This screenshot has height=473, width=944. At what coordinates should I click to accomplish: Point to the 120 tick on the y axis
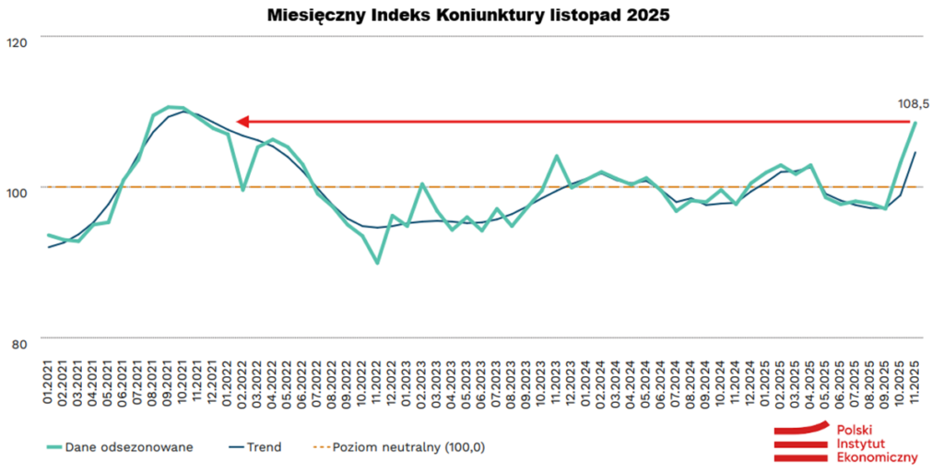18,41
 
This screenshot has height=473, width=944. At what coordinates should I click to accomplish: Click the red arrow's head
242,121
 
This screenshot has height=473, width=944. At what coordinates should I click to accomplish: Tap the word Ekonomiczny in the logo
876,457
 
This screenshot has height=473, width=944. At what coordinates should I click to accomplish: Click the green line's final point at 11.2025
914,123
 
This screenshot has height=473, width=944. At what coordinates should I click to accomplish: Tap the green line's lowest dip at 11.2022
378,263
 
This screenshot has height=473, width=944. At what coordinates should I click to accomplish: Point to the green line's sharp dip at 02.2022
242,190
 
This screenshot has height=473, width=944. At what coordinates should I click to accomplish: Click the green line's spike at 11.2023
557,156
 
